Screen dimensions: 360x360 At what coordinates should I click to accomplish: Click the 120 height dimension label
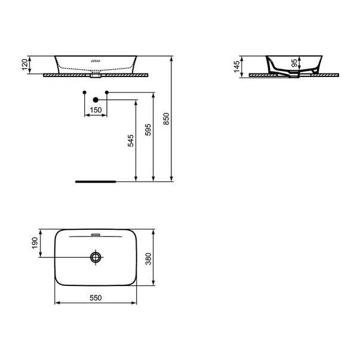24,64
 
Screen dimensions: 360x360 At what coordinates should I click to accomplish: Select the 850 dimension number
166,119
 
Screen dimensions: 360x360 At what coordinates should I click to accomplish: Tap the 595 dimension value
148,130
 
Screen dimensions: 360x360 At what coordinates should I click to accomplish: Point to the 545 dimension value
130,141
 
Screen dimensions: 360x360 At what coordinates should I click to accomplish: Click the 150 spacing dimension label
96,110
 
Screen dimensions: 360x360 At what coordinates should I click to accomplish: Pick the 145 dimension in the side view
236,67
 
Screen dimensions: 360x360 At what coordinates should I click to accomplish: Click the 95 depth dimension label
294,63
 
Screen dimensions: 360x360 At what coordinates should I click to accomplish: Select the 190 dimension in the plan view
35,243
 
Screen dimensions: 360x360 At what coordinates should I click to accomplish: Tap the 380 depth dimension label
149,259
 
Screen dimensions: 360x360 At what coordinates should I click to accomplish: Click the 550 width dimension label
96,298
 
